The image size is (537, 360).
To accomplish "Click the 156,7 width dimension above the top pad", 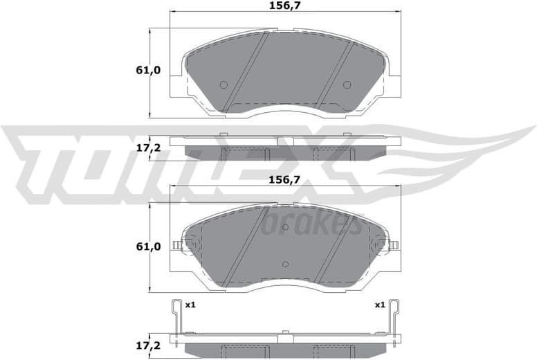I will click(285, 6).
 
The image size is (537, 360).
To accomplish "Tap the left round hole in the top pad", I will click(223, 85).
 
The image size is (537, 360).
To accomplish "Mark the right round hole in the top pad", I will click(347, 85).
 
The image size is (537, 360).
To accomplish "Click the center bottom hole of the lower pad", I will click(285, 263).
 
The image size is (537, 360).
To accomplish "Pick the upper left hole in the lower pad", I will click(223, 226).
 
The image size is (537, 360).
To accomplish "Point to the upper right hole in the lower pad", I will click(347, 226).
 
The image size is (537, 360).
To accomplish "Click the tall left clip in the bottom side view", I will click(176, 322).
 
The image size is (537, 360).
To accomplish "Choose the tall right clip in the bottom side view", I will click(394, 322).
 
